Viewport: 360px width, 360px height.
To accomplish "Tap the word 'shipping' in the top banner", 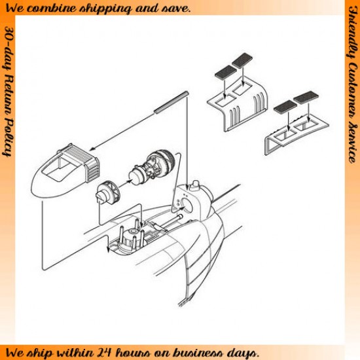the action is pyautogui.click(x=105, y=9).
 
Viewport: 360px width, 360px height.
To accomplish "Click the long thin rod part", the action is pyautogui.click(x=171, y=102).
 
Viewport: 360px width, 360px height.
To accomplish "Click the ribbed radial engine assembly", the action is pyautogui.click(x=153, y=167).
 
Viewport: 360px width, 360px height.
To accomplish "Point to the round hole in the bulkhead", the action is pyautogui.click(x=187, y=205).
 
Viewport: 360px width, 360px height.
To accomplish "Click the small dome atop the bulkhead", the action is pyautogui.click(x=196, y=185).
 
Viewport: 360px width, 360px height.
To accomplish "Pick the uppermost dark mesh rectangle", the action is pyautogui.click(x=242, y=60).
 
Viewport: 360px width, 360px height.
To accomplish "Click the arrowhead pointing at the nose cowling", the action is pyautogui.click(x=92, y=149).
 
